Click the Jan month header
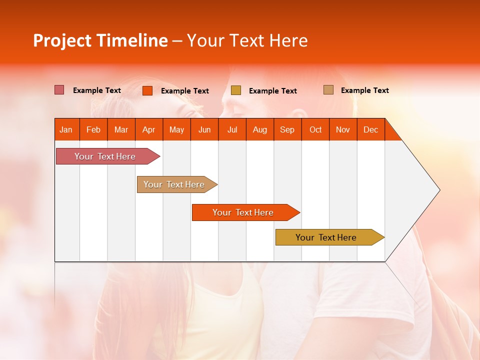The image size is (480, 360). (66, 129)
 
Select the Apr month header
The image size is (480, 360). (149, 129)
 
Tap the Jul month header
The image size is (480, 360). (232, 129)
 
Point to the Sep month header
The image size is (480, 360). (287, 129)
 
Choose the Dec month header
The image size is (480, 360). (370, 129)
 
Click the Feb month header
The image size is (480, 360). (93, 129)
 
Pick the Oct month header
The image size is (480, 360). (315, 129)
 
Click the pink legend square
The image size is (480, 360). (59, 90)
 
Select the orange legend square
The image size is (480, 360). (147, 90)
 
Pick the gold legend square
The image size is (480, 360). (236, 90)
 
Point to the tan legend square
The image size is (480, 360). (328, 90)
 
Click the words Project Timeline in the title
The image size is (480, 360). (100, 40)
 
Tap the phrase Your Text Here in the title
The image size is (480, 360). (247, 40)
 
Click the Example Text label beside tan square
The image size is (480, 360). (364, 90)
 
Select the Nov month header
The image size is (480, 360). (343, 129)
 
